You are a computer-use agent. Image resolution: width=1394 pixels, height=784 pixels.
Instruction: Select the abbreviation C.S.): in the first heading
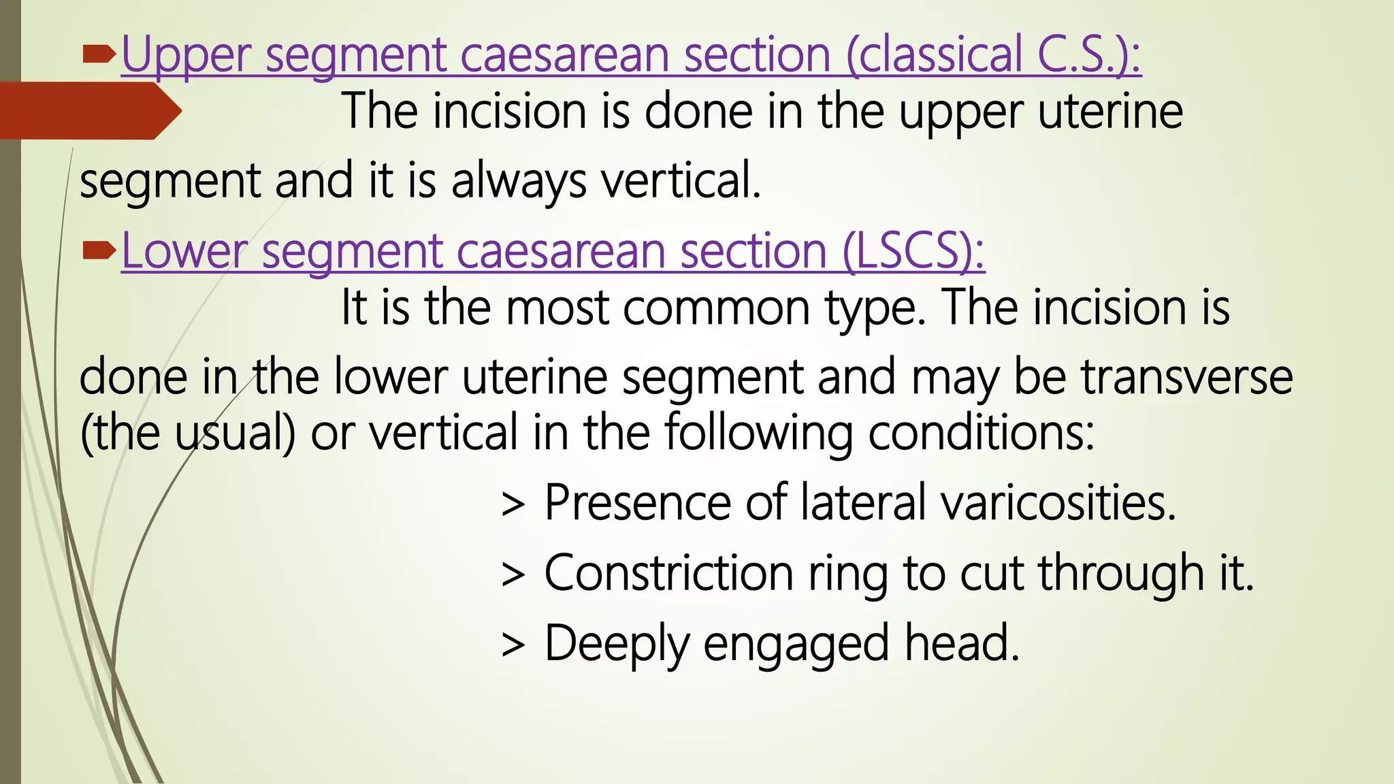[1089, 54]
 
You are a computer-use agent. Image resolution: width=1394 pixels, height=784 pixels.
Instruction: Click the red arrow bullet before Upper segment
[99, 54]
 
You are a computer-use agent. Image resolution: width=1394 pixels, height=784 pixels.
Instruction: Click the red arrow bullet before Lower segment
[99, 252]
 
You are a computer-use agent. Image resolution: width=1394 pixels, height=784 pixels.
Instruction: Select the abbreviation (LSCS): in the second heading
[913, 252]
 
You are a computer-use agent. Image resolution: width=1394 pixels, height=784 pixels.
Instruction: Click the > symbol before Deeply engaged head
[513, 645]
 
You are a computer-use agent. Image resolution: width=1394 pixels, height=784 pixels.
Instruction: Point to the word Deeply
[617, 645]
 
